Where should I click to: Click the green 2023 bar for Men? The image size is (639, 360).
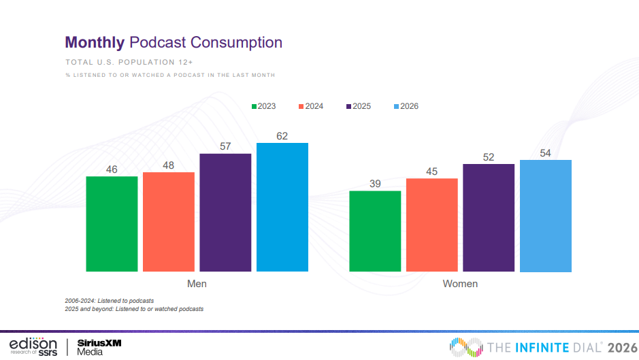[112, 224]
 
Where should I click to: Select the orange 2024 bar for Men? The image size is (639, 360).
[169, 222]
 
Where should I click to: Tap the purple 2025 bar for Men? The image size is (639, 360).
[225, 212]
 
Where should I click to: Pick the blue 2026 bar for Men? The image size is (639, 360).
[282, 207]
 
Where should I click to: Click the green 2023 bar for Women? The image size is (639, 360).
[375, 231]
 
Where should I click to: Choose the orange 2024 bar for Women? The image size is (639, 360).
[432, 225]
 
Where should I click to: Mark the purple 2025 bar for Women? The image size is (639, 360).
[489, 218]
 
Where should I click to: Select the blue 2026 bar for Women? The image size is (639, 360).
[546, 216]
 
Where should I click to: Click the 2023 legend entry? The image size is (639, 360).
[264, 106]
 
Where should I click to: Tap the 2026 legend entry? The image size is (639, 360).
[406, 106]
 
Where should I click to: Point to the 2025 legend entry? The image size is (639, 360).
[359, 106]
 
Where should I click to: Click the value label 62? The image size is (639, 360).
[282, 136]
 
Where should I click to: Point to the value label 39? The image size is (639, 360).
[375, 184]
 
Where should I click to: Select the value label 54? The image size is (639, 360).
[546, 153]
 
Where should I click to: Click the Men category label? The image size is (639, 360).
[197, 283]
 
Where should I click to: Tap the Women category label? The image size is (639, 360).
[460, 283]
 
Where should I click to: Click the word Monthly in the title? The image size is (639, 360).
[95, 43]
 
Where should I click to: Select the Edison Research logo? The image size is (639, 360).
[32, 345]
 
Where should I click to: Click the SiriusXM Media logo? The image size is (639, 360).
[99, 346]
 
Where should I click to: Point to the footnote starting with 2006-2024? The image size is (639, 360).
[110, 300]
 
